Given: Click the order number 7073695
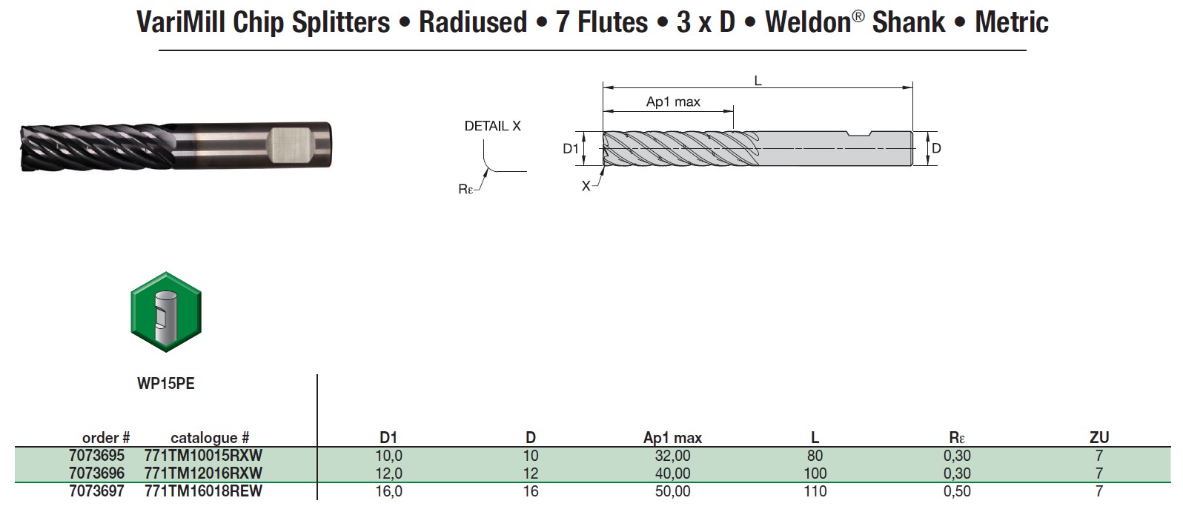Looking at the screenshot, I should click(96, 456).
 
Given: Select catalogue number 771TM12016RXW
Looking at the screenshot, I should click(203, 473).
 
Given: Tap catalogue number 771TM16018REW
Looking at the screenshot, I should click(203, 491).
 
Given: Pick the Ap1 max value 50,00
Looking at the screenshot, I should click(672, 491).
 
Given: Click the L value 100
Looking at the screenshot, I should click(815, 473).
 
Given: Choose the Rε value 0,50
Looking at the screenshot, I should click(956, 491).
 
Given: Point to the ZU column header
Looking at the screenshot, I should click(1099, 437).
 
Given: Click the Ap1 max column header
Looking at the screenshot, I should click(672, 438).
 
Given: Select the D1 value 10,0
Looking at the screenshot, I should click(388, 456).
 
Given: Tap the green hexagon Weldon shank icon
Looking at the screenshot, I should click(166, 312).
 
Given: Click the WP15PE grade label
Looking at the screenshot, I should click(166, 384).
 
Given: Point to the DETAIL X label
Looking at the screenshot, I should click(492, 127).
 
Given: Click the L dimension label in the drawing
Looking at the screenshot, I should click(758, 80).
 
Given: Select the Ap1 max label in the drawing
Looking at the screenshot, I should click(673, 102).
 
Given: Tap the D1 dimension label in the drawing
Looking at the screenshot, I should click(570, 149).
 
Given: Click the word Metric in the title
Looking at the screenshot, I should click(1011, 22).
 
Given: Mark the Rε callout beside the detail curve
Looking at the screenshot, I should click(465, 190).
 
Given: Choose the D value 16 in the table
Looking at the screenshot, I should click(531, 491).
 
